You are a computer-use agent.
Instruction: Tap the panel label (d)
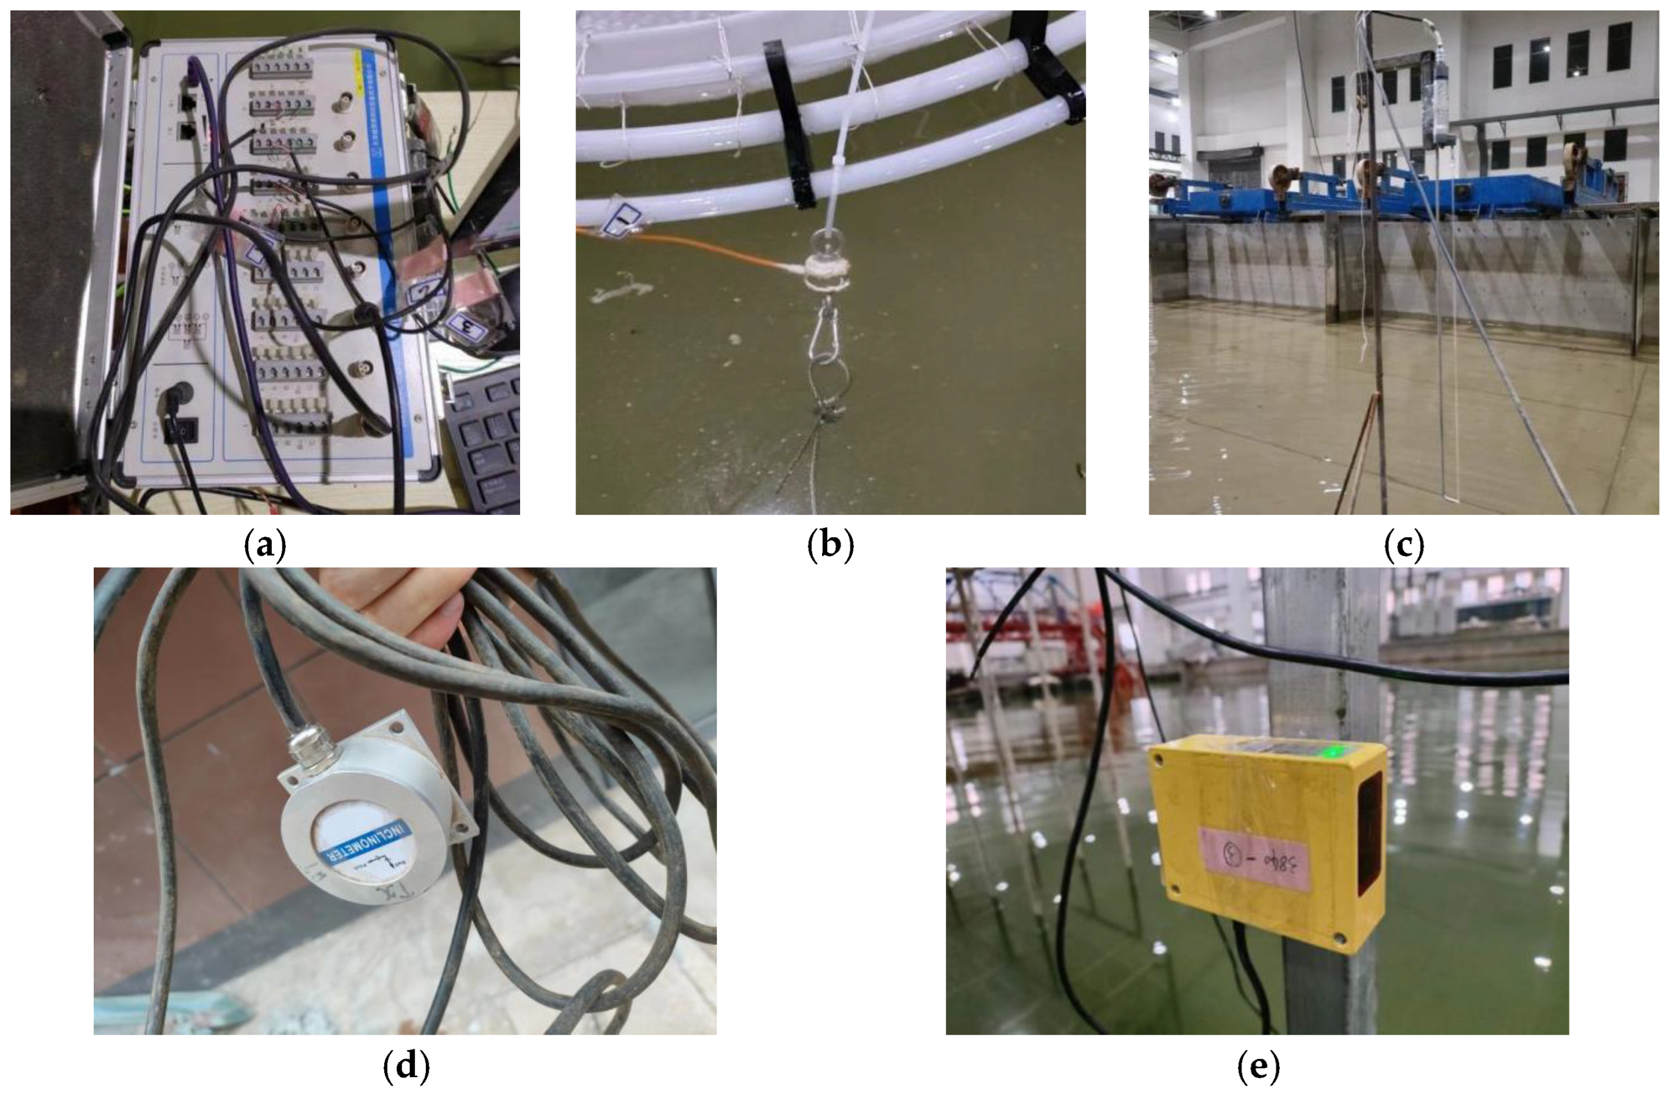pyautogui.click(x=406, y=1067)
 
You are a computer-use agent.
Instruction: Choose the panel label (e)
pyautogui.click(x=1259, y=1067)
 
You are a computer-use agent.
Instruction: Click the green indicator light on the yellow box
pyautogui.click(x=1329, y=753)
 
